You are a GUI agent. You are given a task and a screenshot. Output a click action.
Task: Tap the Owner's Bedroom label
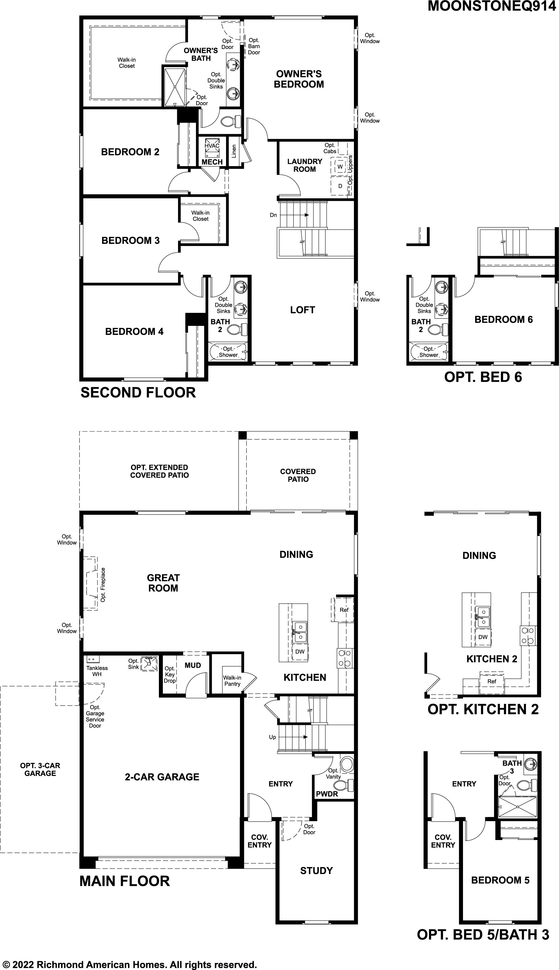point(299,79)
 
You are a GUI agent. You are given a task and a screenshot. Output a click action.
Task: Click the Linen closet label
point(234,151)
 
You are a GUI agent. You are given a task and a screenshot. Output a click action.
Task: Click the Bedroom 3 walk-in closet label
point(201,216)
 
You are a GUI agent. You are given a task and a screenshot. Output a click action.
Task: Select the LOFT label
point(302,310)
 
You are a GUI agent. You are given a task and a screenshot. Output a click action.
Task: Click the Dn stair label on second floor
point(273,215)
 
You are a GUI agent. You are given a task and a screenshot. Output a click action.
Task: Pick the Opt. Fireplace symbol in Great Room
point(91,584)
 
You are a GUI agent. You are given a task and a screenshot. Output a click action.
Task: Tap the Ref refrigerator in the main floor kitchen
point(344,610)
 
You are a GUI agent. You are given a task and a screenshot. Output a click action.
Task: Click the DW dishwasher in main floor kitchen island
point(300,651)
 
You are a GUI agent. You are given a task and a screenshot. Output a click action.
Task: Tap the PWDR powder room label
point(327,794)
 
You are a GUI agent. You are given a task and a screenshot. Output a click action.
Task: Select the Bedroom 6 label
point(503,319)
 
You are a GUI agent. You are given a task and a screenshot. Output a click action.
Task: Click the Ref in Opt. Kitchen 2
point(492,681)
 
